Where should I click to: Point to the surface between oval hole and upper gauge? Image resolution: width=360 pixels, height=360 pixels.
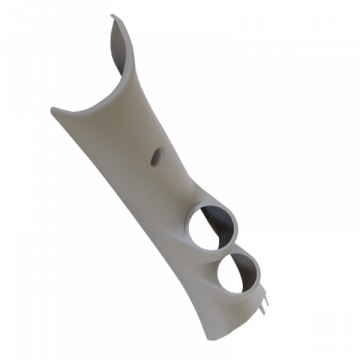tap(180, 185)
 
